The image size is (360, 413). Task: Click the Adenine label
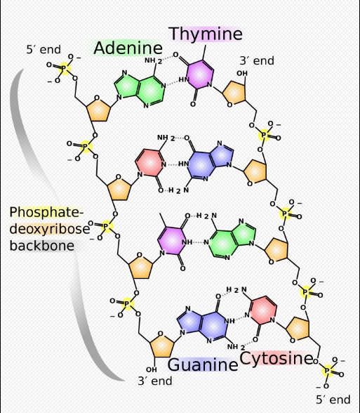(x=128, y=48)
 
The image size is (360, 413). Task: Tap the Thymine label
(x=206, y=34)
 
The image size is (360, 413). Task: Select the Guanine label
(x=203, y=365)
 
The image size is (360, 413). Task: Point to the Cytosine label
(x=276, y=358)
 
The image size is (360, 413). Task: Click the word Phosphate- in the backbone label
(x=46, y=212)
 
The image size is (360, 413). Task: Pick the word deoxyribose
(x=50, y=229)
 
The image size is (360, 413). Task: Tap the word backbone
(x=42, y=245)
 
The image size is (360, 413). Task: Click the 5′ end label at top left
(x=44, y=49)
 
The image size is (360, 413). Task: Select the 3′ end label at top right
(x=257, y=60)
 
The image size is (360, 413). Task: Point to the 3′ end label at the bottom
(x=155, y=381)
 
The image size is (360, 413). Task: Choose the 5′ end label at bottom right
(x=333, y=400)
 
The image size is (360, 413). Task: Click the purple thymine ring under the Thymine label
(x=200, y=74)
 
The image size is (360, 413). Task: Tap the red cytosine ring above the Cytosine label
(x=264, y=310)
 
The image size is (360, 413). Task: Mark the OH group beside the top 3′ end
(x=242, y=73)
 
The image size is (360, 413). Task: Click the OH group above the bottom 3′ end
(x=152, y=369)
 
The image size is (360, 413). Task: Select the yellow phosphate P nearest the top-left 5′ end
(x=64, y=68)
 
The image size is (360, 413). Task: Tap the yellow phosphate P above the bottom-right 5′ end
(x=327, y=371)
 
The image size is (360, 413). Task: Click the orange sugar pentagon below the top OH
(x=234, y=93)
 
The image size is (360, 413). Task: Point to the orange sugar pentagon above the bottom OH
(x=162, y=344)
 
